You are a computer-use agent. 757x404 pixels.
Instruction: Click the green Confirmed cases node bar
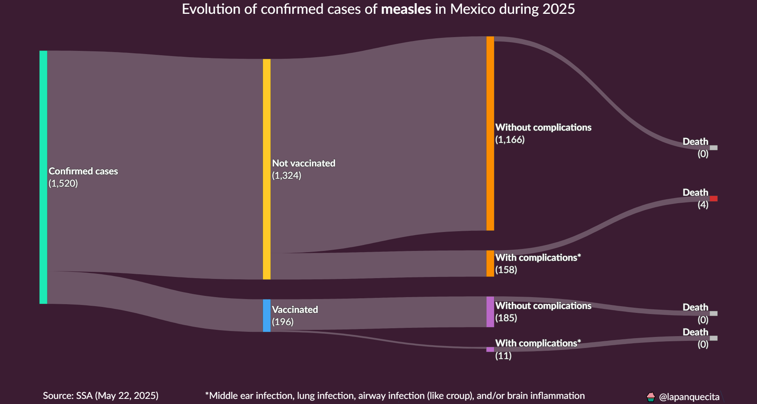point(43,177)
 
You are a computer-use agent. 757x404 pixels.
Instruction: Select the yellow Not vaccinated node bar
point(267,169)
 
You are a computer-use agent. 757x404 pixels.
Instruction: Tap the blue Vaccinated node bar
point(267,316)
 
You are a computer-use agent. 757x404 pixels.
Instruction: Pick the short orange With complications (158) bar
point(490,264)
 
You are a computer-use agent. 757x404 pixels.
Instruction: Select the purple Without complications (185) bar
point(490,312)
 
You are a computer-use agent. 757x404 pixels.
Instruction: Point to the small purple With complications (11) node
point(490,350)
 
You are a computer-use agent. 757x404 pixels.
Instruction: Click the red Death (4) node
point(714,198)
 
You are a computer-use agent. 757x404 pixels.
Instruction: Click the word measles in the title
point(406,9)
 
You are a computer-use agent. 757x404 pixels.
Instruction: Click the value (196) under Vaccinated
point(283,322)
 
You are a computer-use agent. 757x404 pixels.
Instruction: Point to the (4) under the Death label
point(703,205)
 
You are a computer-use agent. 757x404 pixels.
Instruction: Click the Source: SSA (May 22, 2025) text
point(101,396)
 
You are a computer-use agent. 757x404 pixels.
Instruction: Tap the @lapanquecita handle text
point(689,397)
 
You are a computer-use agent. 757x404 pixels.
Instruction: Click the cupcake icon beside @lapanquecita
point(651,397)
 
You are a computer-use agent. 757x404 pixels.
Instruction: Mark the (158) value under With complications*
point(506,270)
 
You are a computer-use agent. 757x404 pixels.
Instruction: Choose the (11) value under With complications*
point(503,356)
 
